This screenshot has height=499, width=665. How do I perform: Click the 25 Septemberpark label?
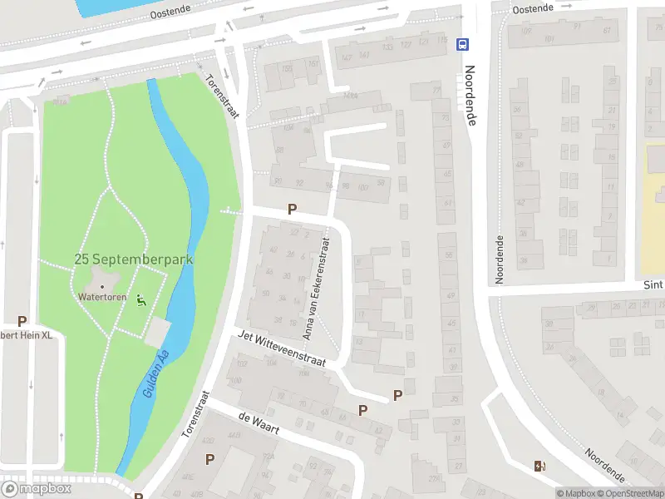point(133,259)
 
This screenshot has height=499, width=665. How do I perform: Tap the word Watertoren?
point(101,296)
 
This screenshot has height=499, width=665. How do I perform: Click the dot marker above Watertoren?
point(102,286)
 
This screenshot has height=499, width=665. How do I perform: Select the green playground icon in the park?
point(140,299)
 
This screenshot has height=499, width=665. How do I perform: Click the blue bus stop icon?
point(463,43)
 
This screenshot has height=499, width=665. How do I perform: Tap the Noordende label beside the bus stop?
point(470,95)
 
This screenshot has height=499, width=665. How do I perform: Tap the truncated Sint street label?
point(654,284)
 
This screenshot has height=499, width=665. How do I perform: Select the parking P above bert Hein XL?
point(22,321)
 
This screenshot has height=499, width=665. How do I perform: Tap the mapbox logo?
point(37,489)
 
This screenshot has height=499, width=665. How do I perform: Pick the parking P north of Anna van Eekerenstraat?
point(292,210)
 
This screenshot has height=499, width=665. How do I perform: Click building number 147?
point(346,57)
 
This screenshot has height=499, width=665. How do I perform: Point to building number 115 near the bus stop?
point(446,39)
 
